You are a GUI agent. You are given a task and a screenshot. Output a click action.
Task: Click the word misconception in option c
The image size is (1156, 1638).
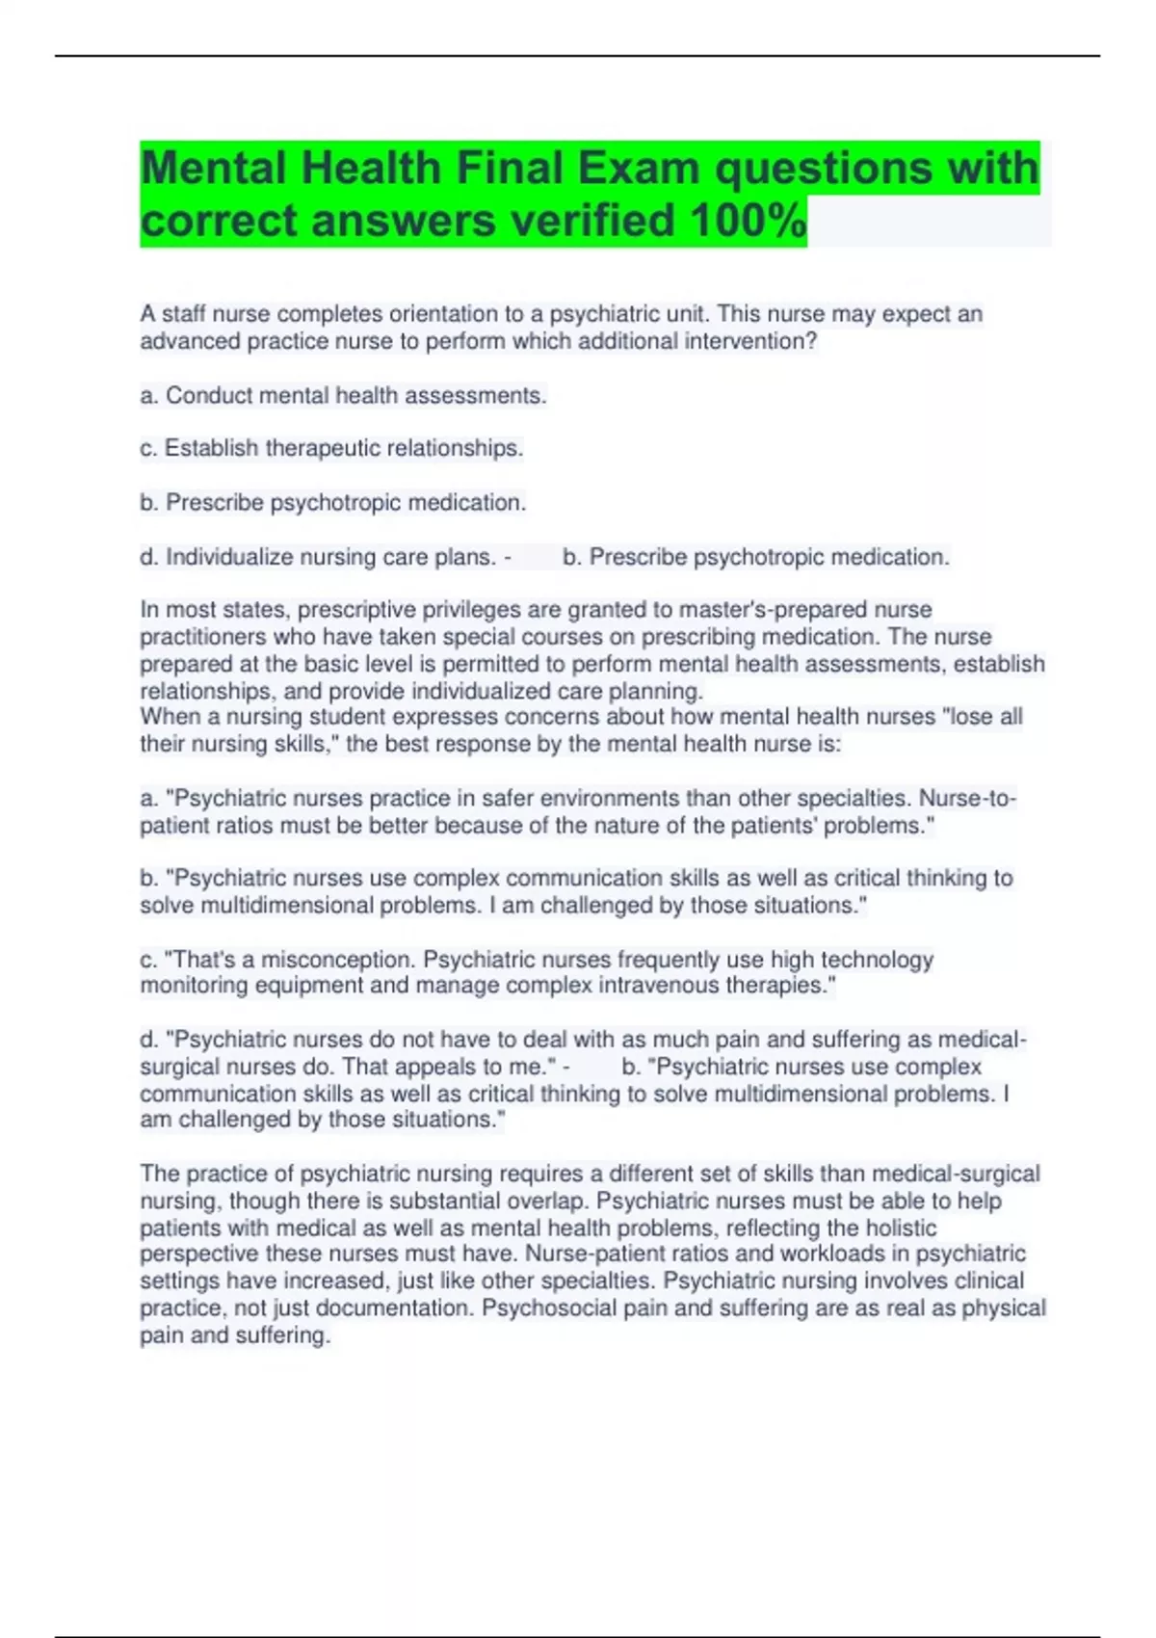pos(337,960)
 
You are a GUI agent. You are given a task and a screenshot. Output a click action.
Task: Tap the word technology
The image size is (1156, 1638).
pos(877,960)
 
